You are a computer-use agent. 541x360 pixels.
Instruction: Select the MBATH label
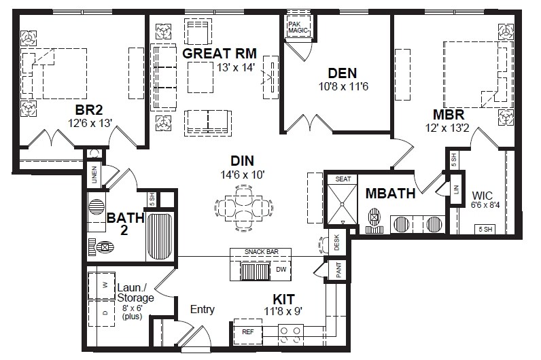point(390,193)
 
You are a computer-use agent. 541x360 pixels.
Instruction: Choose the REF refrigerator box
point(247,332)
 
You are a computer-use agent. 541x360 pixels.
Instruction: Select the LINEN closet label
point(94,175)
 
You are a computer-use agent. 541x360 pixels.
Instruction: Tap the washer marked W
point(105,285)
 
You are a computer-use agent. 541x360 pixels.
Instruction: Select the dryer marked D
point(105,314)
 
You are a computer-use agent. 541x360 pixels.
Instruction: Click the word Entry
point(202,310)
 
